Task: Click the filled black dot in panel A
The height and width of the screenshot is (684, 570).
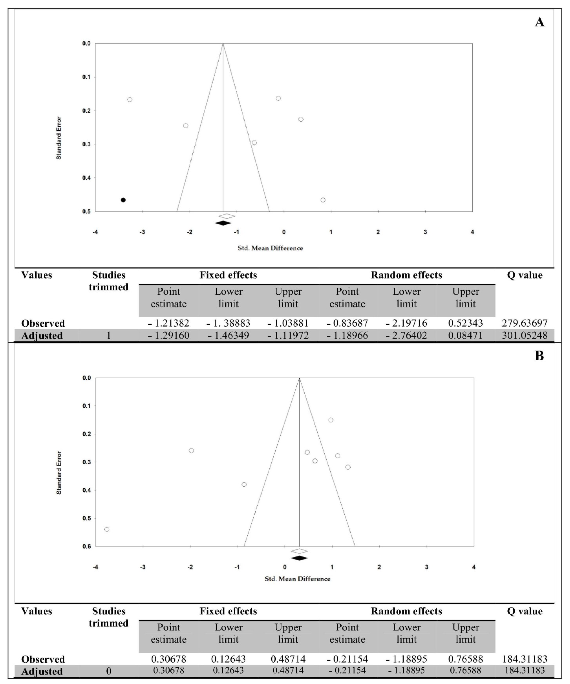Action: coord(123,200)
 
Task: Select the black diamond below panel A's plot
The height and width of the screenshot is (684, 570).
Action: coord(223,223)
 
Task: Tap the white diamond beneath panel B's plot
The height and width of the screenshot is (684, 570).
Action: coord(299,551)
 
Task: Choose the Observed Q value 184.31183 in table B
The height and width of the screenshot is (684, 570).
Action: coord(524,659)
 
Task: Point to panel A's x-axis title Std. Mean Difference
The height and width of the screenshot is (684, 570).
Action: coord(270,248)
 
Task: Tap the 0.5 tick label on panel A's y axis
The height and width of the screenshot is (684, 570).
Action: coord(87,211)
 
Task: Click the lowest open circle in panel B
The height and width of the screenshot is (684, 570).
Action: coord(107,529)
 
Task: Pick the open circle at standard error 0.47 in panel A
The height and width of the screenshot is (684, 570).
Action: coord(323,200)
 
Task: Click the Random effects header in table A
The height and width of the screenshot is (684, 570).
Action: coord(406,275)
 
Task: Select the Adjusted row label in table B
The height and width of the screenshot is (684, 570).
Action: coord(42,671)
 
